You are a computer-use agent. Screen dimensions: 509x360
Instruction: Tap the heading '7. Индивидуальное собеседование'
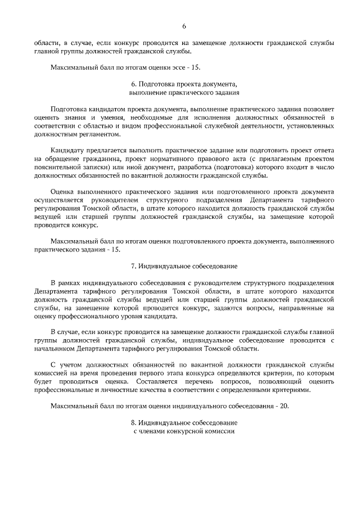(x=184, y=265)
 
